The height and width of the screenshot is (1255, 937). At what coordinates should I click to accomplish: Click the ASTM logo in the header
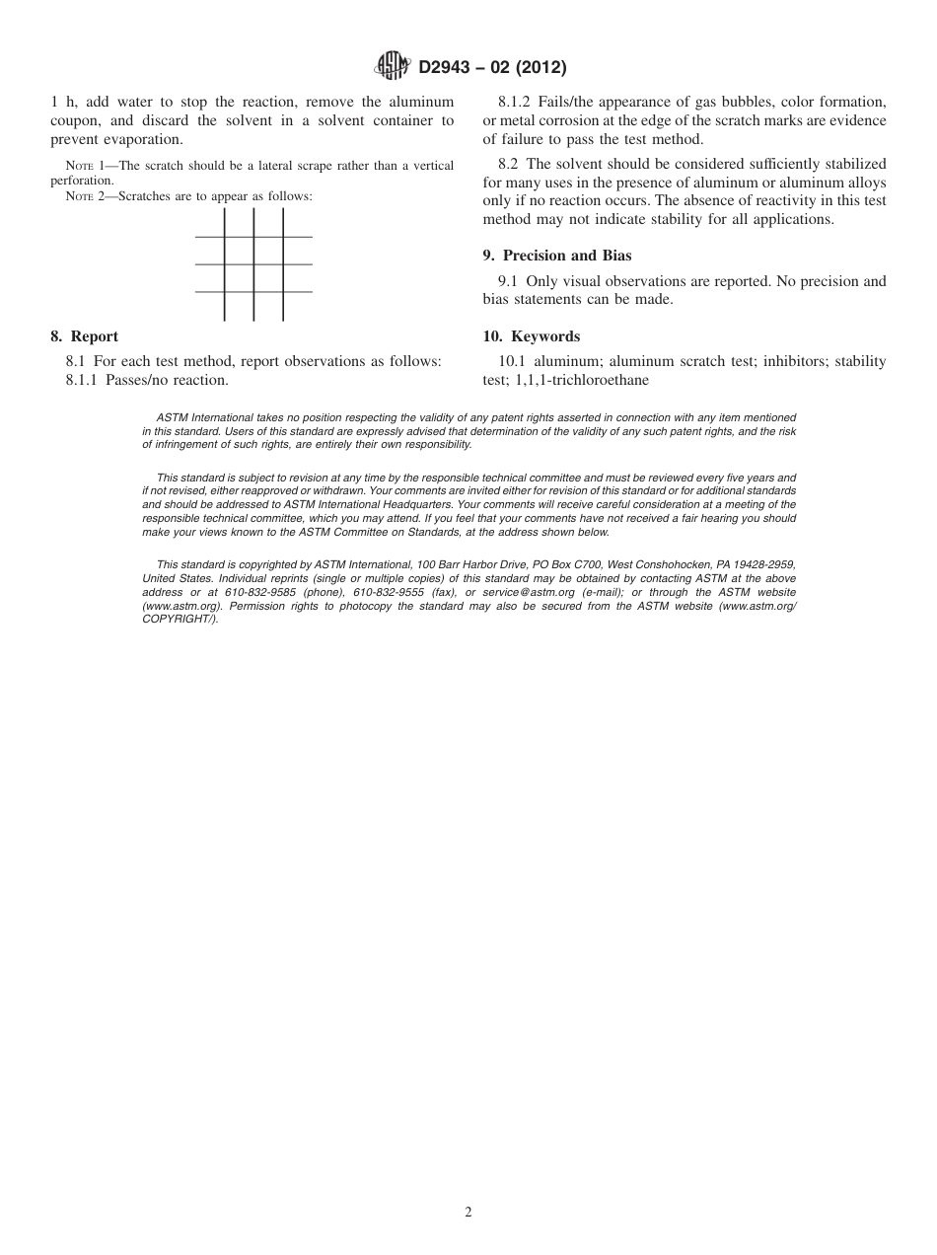pos(394,67)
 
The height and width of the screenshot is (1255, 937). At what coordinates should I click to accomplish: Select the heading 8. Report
pos(84,336)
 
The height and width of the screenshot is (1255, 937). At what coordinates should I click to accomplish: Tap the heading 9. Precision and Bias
pos(557,256)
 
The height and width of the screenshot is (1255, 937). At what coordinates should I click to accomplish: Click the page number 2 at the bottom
pos(468,1213)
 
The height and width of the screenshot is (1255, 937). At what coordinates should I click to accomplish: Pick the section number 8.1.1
pos(85,380)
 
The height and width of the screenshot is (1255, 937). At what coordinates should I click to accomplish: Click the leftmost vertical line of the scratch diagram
pos(225,264)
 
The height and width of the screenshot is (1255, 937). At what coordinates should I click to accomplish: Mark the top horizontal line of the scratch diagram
pos(253,237)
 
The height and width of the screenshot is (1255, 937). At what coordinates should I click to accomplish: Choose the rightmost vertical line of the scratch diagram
pos(283,264)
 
